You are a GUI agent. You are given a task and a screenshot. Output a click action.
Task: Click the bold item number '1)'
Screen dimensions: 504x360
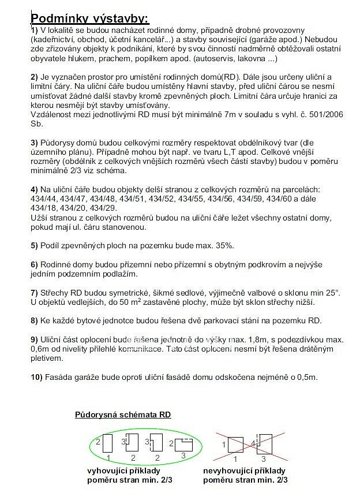click(34, 29)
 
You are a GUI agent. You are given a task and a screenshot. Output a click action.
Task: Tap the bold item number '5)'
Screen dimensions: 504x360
click(34, 245)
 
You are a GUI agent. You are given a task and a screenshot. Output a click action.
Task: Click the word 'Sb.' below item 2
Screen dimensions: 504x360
click(36, 124)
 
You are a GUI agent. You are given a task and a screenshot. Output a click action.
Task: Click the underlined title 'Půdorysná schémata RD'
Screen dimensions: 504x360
click(123, 415)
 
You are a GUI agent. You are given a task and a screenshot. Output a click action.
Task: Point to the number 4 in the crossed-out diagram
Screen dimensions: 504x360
click(253, 443)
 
